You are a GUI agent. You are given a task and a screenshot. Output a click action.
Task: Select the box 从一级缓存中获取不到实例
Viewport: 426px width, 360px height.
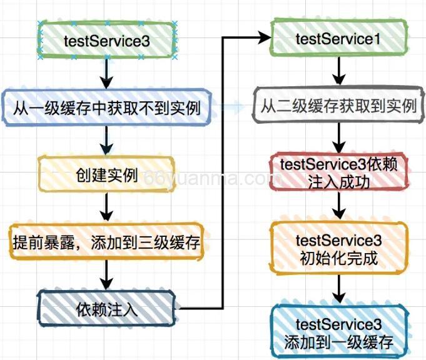[106, 108]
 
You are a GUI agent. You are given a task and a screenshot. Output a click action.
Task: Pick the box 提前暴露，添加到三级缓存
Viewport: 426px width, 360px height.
[106, 242]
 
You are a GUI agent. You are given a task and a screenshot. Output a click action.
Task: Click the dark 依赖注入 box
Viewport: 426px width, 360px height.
[107, 308]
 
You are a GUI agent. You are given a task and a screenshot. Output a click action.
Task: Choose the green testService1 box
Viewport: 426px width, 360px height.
[338, 39]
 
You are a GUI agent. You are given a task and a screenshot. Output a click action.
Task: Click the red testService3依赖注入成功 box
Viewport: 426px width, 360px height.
[338, 172]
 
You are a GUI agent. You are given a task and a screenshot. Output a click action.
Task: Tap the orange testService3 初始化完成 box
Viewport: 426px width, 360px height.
[338, 248]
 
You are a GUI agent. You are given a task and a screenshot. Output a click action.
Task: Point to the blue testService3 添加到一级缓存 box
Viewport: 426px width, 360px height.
[338, 333]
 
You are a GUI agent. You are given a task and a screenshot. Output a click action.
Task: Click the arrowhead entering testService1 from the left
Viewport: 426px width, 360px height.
[263, 39]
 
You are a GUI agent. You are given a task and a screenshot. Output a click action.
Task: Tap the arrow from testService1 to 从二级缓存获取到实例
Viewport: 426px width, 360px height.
[338, 73]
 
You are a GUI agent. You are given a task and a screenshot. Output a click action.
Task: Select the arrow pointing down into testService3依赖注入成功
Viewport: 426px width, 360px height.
[338, 138]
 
